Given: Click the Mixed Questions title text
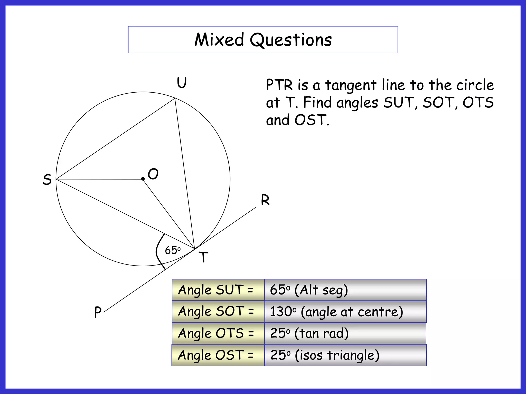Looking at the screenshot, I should click(x=263, y=40).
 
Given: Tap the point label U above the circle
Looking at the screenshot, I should click(x=182, y=83).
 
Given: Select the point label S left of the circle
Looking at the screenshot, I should click(x=47, y=179).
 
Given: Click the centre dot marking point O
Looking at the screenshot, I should click(x=143, y=179).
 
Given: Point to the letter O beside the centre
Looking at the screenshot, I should click(x=153, y=174).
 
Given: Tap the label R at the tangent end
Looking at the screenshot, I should click(x=265, y=200).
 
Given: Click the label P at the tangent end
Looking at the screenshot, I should click(x=98, y=312).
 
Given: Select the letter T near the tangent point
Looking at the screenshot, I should click(x=203, y=257).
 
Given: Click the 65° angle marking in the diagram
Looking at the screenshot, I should click(x=173, y=250).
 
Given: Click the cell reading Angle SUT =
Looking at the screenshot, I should click(x=218, y=290).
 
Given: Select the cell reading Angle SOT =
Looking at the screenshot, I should click(x=218, y=311).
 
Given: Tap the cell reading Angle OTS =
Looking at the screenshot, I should click(x=218, y=333).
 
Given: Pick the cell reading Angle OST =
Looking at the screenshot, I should click(x=218, y=355).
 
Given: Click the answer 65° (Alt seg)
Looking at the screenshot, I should click(x=309, y=290).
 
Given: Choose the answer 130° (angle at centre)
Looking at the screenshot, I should click(x=336, y=312).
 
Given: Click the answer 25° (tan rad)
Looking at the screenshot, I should click(x=309, y=333).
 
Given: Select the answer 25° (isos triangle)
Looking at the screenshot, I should click(x=325, y=355).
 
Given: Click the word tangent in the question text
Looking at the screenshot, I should click(x=351, y=85).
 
